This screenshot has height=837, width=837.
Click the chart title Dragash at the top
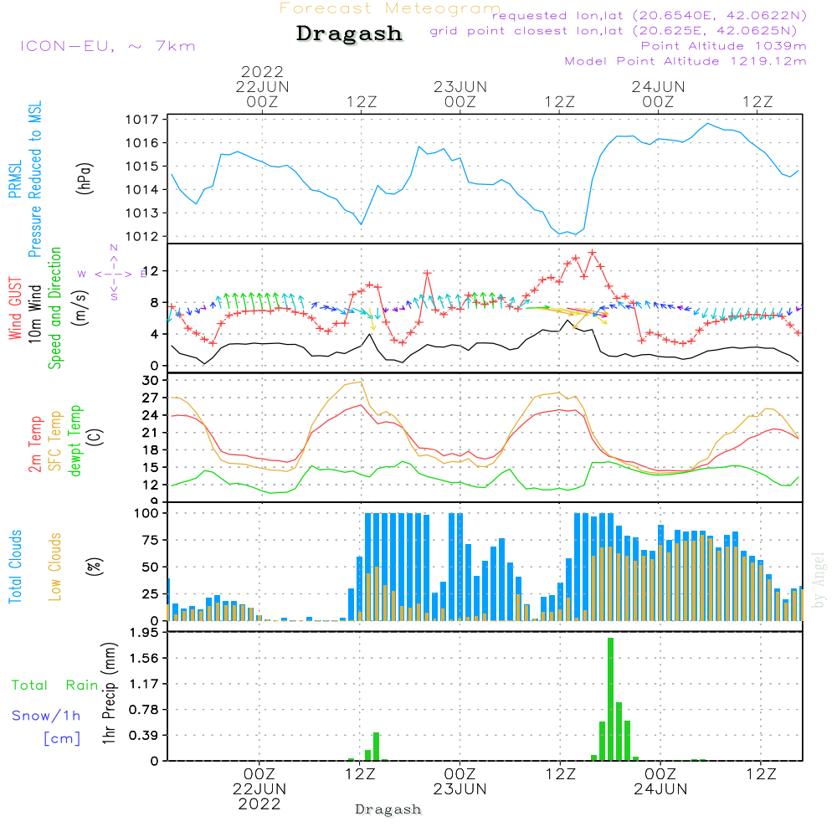[349, 34]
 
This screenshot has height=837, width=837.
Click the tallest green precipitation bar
[611, 699]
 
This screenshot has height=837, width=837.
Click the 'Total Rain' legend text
[54, 686]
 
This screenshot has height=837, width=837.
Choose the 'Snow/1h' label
[47, 716]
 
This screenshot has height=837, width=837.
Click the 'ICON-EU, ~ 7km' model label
[107, 46]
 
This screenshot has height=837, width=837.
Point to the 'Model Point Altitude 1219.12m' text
[686, 61]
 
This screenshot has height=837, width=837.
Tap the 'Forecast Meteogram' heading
[390, 8]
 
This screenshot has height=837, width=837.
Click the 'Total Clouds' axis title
[15, 567]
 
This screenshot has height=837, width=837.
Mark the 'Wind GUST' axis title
[15, 311]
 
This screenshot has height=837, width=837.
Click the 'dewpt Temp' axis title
[75, 441]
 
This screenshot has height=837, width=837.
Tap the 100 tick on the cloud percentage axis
[147, 512]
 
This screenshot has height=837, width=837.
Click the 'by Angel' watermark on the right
[819, 579]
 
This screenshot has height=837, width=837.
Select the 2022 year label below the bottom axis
[259, 804]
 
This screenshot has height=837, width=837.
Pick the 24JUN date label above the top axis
[659, 86]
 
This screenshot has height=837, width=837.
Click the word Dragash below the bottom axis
[388, 809]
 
